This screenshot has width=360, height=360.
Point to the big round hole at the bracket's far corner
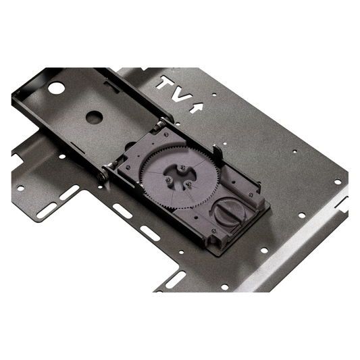(x=55, y=88)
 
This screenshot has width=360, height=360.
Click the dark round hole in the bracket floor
(x=94, y=116)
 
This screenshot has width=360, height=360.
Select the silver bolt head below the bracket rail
(x=103, y=176)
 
